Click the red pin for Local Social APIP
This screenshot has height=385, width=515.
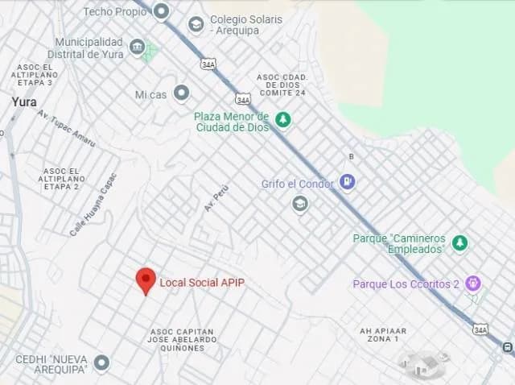coord(146,280)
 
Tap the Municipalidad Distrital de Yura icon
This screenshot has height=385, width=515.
coord(138,48)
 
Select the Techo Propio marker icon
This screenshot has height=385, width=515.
coord(162,11)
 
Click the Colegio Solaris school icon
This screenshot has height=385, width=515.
coord(196,25)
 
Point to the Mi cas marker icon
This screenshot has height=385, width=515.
coord(182,93)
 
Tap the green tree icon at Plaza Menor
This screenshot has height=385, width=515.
coord(282,120)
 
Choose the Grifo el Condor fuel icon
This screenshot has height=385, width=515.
coord(348,182)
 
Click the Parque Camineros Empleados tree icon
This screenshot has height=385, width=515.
coord(459,242)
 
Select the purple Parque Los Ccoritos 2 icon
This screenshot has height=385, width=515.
coord(474,283)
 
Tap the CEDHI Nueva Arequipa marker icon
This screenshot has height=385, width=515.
coord(101,362)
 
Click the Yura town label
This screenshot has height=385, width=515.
coord(24,102)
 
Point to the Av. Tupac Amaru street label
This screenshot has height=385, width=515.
coord(66,129)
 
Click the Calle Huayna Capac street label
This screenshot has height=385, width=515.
coord(93,204)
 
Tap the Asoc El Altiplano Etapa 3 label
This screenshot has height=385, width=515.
coord(35,75)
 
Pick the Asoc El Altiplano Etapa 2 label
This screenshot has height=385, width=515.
coord(61,179)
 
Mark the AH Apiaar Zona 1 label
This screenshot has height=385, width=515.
coord(383,335)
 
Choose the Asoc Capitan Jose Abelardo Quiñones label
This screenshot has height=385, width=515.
coord(183,340)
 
